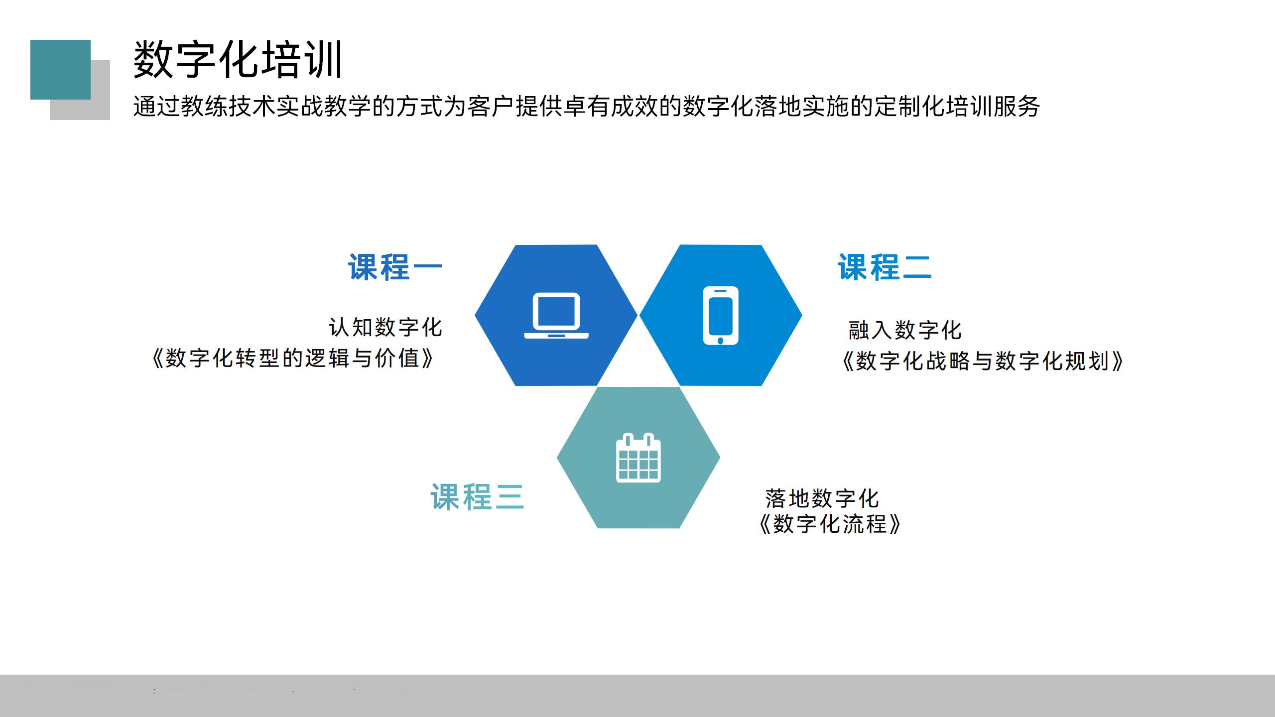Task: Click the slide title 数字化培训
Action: coord(238,60)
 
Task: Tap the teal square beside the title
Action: coord(60,69)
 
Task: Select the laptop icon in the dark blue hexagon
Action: coord(556,316)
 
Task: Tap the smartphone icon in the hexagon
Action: coord(720,316)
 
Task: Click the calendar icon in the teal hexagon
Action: coord(638,458)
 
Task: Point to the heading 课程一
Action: coord(395,267)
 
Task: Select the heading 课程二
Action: coord(884,267)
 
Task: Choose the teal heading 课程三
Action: coord(477,497)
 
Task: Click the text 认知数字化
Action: coord(385,328)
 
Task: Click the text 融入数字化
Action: coord(905,330)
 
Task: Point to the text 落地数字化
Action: coord(822,498)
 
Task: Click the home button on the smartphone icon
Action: coord(720,341)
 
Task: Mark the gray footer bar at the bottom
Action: coord(637,696)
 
